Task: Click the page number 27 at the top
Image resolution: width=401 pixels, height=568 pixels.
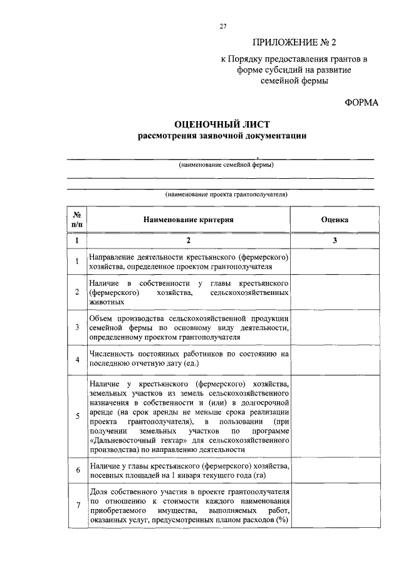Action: point(222,26)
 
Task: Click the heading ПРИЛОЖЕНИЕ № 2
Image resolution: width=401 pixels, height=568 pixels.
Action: point(294,43)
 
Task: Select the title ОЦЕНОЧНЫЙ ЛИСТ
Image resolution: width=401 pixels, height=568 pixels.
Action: point(222,125)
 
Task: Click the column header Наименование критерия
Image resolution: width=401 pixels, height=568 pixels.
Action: point(188,220)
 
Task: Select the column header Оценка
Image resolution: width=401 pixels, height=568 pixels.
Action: point(335,220)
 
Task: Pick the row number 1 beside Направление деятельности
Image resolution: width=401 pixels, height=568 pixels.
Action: point(76,262)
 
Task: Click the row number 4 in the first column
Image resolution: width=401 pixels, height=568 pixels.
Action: point(76,360)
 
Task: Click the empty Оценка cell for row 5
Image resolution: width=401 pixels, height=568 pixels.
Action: point(335,415)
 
